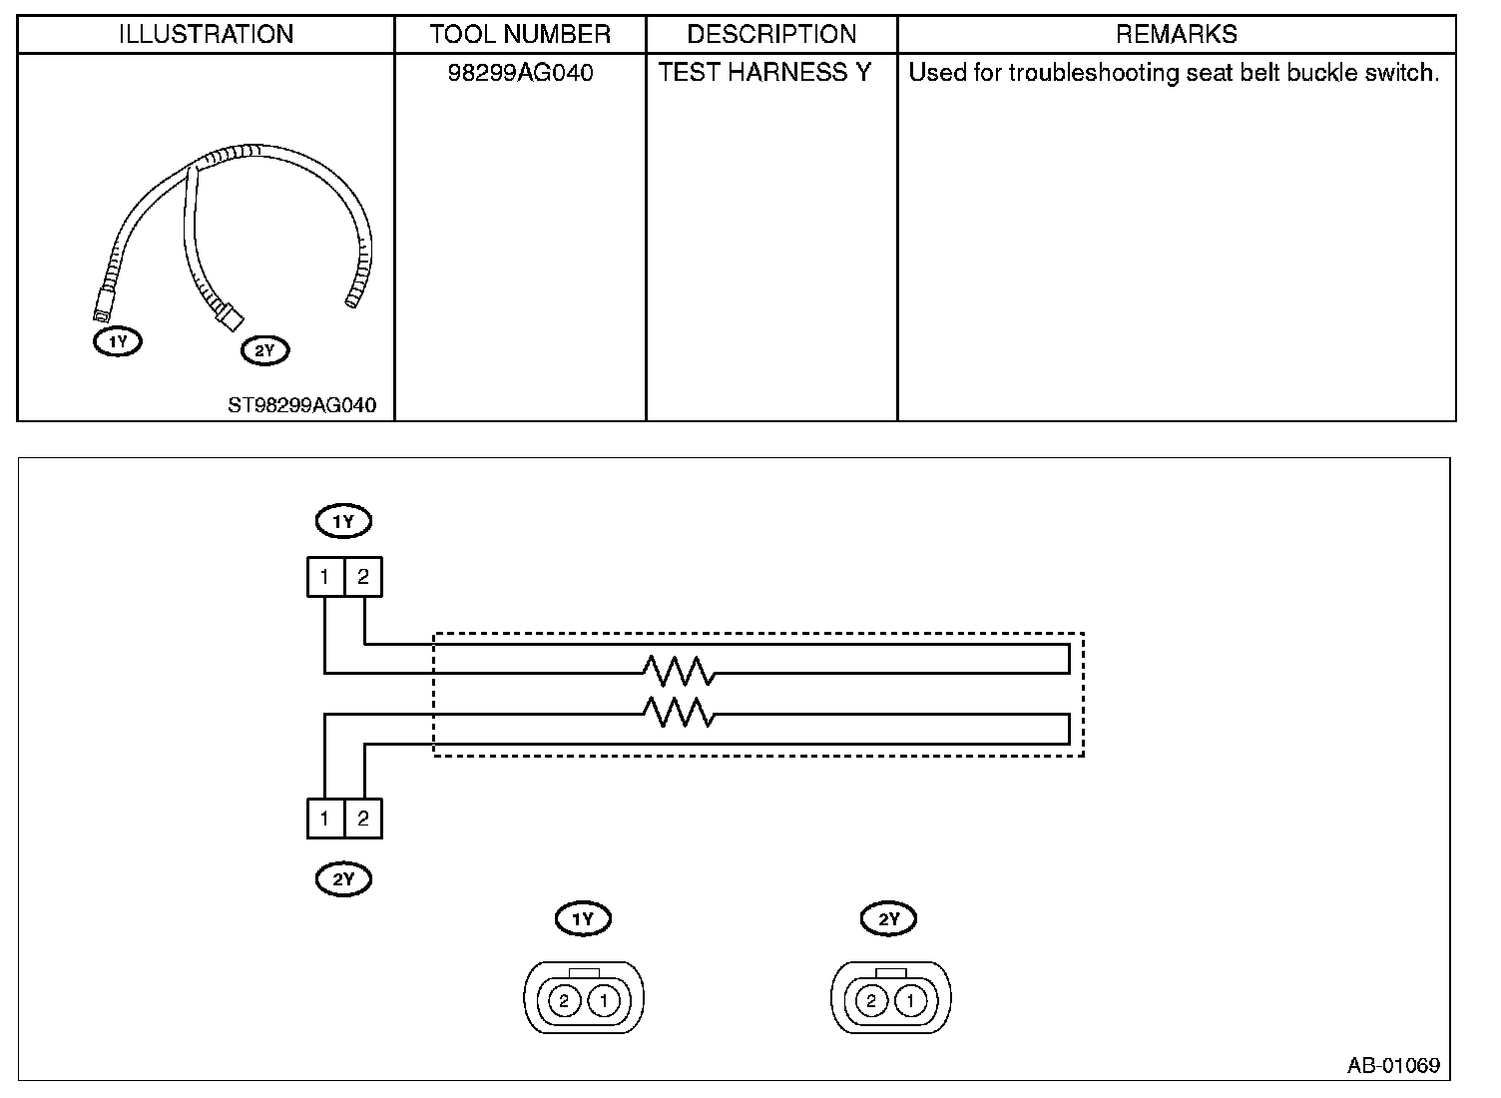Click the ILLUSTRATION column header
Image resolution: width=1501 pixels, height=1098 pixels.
tap(206, 34)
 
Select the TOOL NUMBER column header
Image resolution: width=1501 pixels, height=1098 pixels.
tap(520, 34)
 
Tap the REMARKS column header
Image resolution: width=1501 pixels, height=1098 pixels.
tap(1176, 34)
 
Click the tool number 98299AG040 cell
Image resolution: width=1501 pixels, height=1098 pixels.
tap(520, 73)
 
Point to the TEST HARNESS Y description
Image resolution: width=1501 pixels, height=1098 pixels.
tap(764, 73)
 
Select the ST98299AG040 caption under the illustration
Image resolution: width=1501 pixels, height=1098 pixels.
tap(301, 405)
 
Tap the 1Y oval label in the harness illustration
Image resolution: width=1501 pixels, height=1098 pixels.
tap(118, 341)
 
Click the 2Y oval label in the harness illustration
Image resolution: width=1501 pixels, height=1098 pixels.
tap(264, 350)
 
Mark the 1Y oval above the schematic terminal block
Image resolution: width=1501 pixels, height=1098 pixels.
tap(343, 521)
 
